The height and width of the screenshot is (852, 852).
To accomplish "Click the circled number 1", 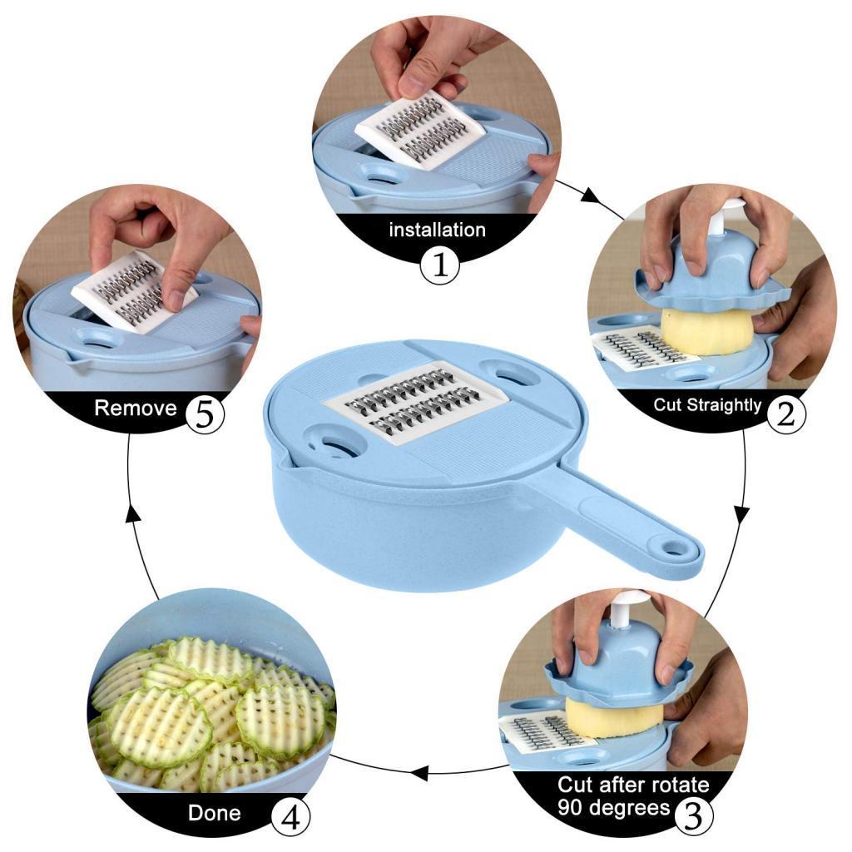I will pyautogui.click(x=439, y=265).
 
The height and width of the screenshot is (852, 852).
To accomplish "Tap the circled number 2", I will pyautogui.click(x=785, y=411).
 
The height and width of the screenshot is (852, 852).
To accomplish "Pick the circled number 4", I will pyautogui.click(x=287, y=817).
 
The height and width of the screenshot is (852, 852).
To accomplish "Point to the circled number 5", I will pyautogui.click(x=205, y=412).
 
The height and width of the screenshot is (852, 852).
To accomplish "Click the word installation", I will pyautogui.click(x=437, y=230).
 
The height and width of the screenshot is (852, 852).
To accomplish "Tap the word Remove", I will pyautogui.click(x=136, y=409).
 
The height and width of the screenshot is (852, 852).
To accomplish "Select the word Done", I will pyautogui.click(x=214, y=813).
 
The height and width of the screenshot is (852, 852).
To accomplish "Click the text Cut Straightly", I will pyautogui.click(x=707, y=405).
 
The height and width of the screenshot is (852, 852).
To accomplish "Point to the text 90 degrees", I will pyautogui.click(x=614, y=808).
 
